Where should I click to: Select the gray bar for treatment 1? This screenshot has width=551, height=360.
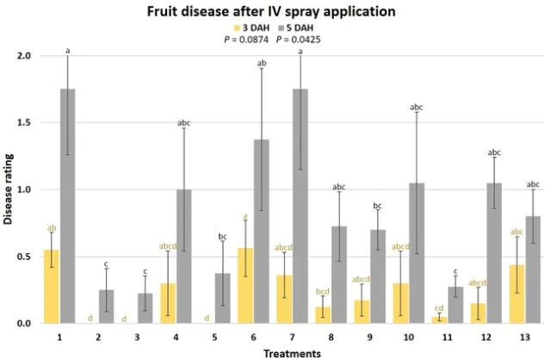click(67, 207)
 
